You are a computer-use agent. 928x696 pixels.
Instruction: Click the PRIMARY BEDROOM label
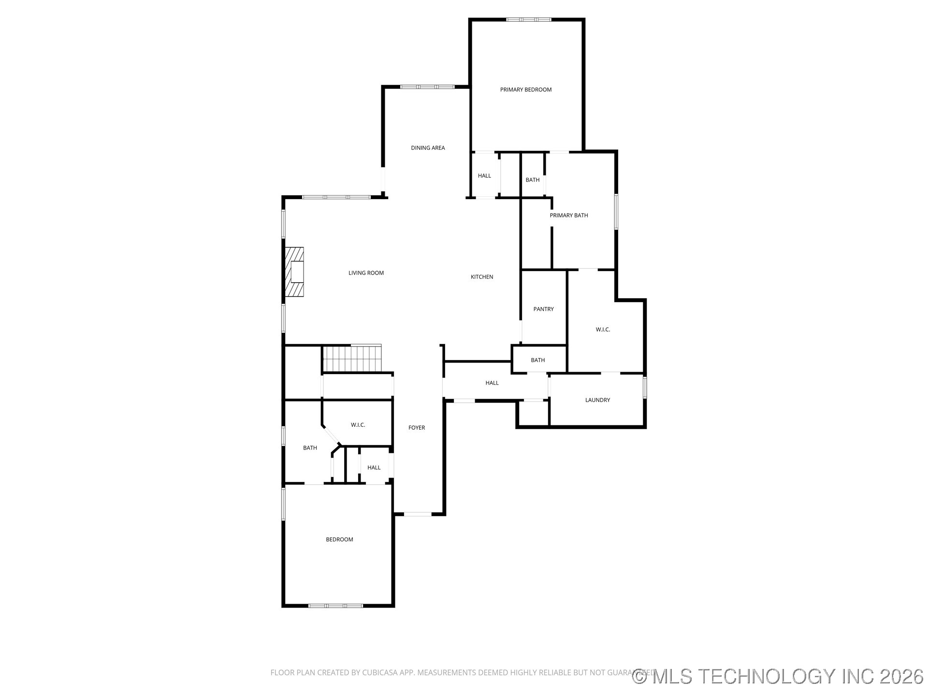[526, 89]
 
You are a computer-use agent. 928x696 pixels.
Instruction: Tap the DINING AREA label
[428, 148]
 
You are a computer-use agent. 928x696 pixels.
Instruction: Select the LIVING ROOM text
[366, 273]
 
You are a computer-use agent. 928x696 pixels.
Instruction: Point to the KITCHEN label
[482, 277]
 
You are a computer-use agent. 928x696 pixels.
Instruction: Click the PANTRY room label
[543, 309]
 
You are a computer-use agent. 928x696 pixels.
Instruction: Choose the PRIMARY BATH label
[569, 216]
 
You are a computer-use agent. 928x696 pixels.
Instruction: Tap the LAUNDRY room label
[597, 400]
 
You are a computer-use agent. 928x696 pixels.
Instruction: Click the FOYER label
[417, 428]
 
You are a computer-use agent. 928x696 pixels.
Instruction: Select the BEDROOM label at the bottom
[339, 539]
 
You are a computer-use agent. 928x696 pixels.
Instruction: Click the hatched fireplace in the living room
[294, 272]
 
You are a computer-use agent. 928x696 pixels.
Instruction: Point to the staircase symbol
[352, 358]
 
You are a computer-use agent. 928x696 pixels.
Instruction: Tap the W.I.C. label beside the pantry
[603, 330]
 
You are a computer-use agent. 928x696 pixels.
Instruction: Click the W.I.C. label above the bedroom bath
[358, 425]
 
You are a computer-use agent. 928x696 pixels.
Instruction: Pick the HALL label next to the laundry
[492, 383]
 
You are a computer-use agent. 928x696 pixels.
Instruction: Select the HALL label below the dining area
[484, 176]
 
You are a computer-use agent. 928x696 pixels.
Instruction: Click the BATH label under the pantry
[538, 360]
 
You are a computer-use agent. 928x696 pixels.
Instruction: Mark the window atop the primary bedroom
[528, 20]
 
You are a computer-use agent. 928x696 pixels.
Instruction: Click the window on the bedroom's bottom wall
[335, 606]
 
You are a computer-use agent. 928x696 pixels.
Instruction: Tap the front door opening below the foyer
[418, 514]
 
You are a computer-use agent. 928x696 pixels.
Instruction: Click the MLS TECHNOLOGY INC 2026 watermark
[778, 676]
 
